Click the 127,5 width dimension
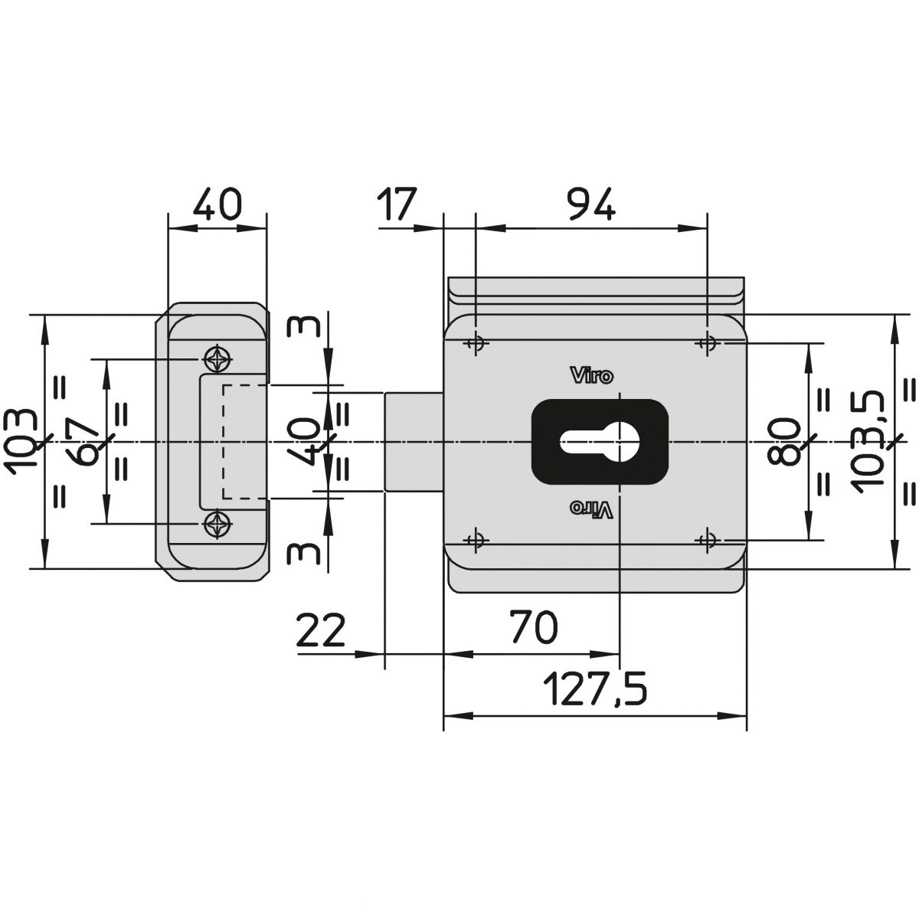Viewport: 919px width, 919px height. point(595,689)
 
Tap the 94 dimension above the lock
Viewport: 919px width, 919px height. point(593,204)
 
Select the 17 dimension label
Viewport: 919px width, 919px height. point(397,204)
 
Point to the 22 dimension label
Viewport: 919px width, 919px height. point(320,630)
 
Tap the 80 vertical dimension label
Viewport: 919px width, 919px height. point(783,441)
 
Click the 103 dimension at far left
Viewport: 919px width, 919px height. point(20,442)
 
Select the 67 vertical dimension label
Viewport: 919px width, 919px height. point(81,442)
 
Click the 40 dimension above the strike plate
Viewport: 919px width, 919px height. point(217,204)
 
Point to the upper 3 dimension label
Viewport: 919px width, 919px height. point(303,327)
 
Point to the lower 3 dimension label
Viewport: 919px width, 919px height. point(303,554)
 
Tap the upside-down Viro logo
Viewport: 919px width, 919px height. point(592,509)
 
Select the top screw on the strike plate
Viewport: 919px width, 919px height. point(217,359)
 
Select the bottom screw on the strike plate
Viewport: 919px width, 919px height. point(217,524)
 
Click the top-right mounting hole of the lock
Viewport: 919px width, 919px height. point(708,342)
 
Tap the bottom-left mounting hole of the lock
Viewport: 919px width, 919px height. point(476,541)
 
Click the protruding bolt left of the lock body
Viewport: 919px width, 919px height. point(414,442)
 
